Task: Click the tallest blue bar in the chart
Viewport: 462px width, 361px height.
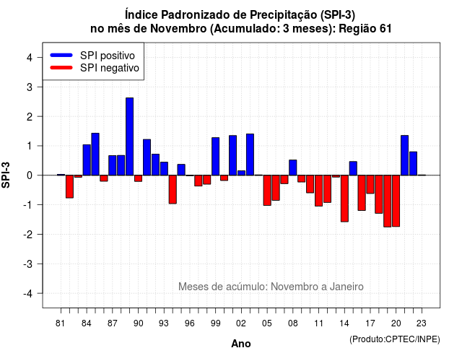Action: pos(129,136)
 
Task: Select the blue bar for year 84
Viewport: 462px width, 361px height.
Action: pos(87,160)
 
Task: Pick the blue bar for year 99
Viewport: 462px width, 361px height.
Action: pos(215,157)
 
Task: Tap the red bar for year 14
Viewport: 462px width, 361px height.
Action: pos(344,199)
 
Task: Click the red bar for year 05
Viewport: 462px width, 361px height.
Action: pos(267,191)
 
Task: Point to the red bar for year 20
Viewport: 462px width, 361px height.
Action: pos(396,201)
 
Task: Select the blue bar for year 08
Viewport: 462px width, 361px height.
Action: pos(293,168)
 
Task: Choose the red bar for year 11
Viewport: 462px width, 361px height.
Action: pos(318,191)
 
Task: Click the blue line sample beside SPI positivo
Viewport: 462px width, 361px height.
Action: pos(61,55)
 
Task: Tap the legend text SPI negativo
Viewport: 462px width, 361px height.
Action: pos(109,68)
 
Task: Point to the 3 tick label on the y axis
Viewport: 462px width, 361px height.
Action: pos(29,87)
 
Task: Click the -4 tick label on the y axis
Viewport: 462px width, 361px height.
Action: pos(28,294)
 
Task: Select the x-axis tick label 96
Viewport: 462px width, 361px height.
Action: pos(189,323)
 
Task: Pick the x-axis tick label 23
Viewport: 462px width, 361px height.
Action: pos(422,323)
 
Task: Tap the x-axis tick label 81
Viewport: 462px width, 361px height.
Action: pos(61,323)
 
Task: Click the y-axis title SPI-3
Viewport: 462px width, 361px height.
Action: pos(6,175)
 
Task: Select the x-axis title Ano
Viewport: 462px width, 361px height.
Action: pos(241,344)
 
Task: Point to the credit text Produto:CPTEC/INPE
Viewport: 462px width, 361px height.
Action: pos(395,339)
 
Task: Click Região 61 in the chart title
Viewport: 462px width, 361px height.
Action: pos(365,29)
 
